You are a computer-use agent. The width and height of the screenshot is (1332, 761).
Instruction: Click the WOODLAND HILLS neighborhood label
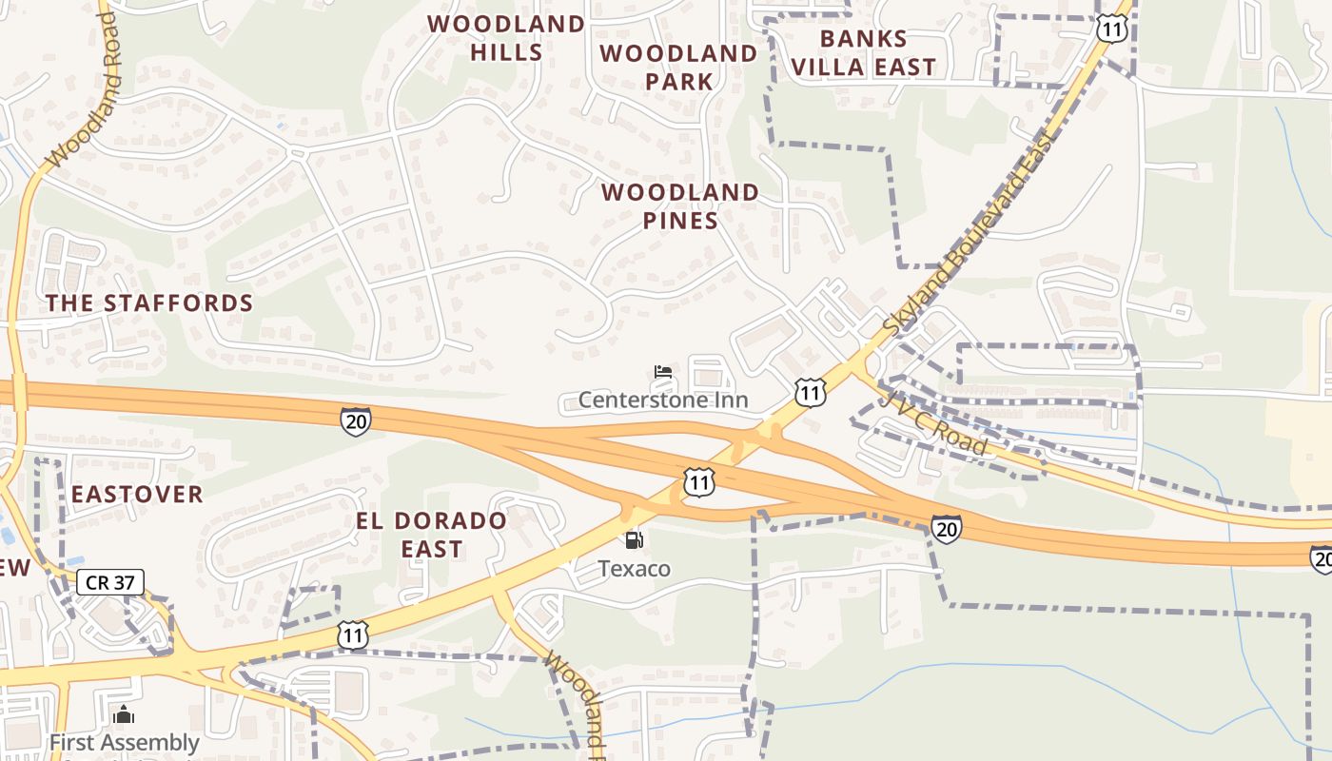click(x=505, y=38)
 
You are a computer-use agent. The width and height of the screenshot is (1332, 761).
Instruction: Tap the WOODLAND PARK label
click(x=678, y=68)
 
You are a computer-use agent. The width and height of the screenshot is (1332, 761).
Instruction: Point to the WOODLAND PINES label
click(x=680, y=206)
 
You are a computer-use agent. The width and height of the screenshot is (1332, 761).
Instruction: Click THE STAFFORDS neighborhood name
click(x=150, y=303)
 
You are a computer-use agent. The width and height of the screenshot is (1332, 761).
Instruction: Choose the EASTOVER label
click(x=137, y=495)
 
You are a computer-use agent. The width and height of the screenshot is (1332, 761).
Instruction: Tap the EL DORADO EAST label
click(x=431, y=535)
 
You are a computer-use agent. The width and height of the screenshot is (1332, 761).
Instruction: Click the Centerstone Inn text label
click(x=663, y=400)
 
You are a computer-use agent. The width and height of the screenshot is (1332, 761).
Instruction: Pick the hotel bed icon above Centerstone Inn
click(x=663, y=371)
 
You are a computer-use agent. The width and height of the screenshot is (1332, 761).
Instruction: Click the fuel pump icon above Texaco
click(x=634, y=540)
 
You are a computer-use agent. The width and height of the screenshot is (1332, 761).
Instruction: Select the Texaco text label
click(x=634, y=569)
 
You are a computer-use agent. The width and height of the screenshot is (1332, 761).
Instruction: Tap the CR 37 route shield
click(x=110, y=582)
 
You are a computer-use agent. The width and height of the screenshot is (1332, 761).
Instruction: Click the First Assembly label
click(x=124, y=743)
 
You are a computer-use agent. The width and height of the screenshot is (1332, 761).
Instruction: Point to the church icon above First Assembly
click(x=123, y=715)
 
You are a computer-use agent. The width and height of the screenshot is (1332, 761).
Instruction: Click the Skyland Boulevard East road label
click(x=971, y=233)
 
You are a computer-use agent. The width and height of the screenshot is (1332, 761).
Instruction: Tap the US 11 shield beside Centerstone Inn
click(x=810, y=392)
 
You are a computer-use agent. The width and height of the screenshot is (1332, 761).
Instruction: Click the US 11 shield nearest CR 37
click(x=353, y=634)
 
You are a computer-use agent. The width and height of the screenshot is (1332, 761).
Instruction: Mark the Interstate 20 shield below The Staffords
click(x=356, y=420)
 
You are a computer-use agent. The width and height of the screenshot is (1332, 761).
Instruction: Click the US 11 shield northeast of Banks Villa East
click(x=1111, y=29)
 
